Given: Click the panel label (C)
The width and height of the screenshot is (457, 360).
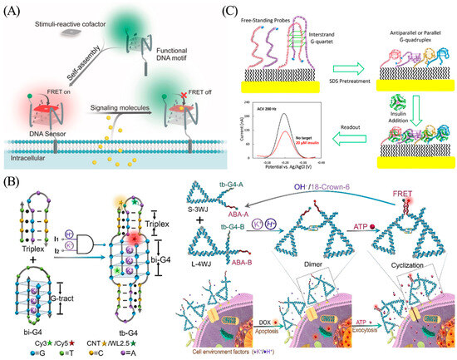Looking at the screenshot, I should pos(242,10).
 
